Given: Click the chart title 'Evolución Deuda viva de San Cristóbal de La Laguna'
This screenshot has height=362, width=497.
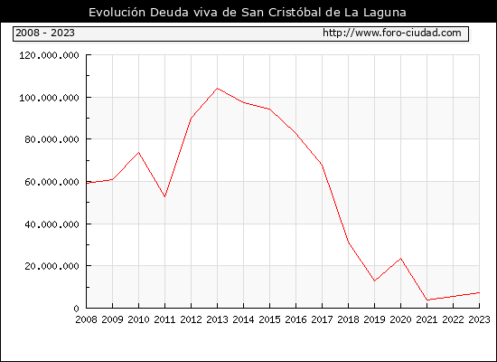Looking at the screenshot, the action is point(248,13).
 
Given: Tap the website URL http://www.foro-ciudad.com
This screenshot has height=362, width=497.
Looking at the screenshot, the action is point(392,33).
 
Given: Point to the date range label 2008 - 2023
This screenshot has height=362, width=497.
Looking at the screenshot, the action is point(45,33).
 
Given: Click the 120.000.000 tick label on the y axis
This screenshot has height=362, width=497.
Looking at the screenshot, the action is point(49,55).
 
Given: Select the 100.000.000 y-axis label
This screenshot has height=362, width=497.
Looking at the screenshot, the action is point(49,98).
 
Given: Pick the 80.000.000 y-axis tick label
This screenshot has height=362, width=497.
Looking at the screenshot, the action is point(52,139).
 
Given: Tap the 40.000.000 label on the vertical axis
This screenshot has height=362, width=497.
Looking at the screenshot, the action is point(52,224).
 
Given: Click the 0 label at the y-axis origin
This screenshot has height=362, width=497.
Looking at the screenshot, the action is point(76,309).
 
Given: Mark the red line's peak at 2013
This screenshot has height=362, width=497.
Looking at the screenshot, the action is point(217,89).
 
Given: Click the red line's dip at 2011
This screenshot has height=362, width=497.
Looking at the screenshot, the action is point(164,197).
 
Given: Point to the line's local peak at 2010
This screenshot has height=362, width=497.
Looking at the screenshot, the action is point(139,152).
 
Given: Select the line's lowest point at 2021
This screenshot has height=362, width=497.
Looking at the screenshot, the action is point(427,300).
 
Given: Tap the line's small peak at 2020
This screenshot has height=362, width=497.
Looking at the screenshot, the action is point(401,259).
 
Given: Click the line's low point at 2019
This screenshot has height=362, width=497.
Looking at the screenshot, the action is point(375,281).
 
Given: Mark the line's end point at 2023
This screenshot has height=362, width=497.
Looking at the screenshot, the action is point(479,293).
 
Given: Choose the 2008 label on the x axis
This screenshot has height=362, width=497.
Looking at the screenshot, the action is point(86,319).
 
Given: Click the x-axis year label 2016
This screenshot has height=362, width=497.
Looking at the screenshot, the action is point(296,319).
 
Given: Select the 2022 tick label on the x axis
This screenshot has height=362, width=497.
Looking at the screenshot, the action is point(454,319).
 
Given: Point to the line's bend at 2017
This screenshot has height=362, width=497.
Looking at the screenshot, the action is point(322,165).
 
